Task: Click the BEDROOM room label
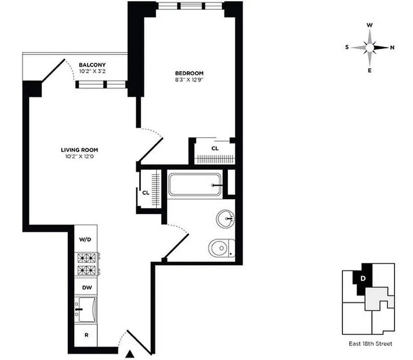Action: [189, 73]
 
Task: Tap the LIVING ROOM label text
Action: [80, 150]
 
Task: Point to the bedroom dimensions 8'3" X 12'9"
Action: [189, 80]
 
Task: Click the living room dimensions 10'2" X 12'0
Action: [80, 157]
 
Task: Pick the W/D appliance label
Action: [85, 239]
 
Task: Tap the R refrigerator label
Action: [85, 334]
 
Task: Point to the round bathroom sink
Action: [225, 219]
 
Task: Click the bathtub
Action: [195, 185]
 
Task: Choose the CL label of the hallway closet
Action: [145, 192]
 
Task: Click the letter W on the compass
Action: [369, 25]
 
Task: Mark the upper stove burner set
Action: [87, 258]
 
